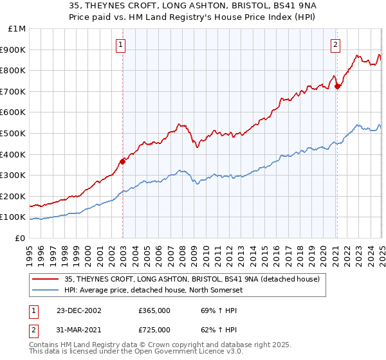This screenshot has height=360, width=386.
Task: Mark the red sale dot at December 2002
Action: point(122,161)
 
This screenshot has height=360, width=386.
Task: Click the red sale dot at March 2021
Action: point(337,86)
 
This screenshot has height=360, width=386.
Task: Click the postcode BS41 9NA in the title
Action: point(248,6)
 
